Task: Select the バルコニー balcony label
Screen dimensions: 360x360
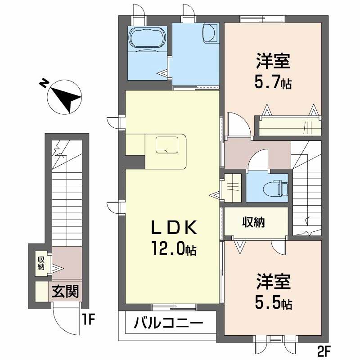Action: point(168,323)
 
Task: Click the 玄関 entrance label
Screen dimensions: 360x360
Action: point(66,292)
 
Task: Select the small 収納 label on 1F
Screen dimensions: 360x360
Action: point(41,263)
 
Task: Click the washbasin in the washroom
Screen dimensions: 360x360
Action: point(210,32)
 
